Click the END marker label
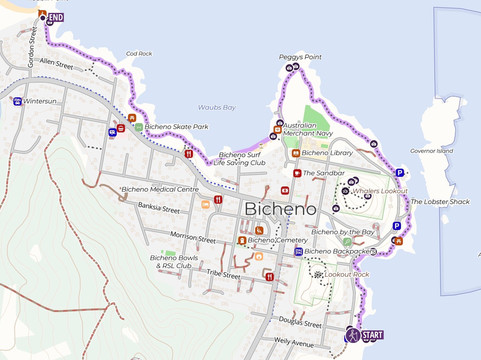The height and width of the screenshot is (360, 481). (56, 18)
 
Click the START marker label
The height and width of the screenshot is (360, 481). (371, 335)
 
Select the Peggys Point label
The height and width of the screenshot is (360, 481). (300, 58)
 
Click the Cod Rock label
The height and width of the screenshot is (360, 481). (139, 54)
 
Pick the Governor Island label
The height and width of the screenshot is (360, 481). (431, 151)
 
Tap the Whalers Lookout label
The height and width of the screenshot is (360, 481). (380, 190)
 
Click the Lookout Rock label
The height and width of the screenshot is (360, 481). (347, 274)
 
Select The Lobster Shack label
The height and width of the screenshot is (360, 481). (440, 202)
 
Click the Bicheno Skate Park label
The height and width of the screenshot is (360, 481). (176, 127)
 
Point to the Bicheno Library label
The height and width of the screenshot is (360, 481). (326, 153)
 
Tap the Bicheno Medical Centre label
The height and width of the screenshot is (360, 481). (160, 189)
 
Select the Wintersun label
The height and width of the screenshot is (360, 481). (41, 101)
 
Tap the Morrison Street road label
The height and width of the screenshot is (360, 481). (193, 238)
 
